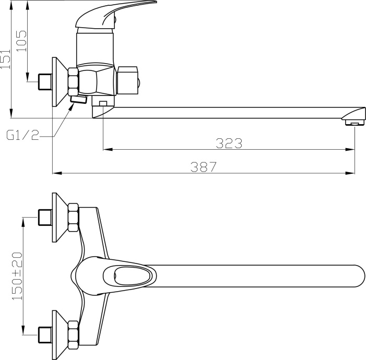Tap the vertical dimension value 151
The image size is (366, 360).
(6, 59)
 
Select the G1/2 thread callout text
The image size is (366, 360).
(22, 136)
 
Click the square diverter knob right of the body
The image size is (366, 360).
(128, 79)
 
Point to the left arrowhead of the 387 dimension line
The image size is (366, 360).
(57, 173)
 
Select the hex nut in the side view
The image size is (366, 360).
(73, 82)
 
